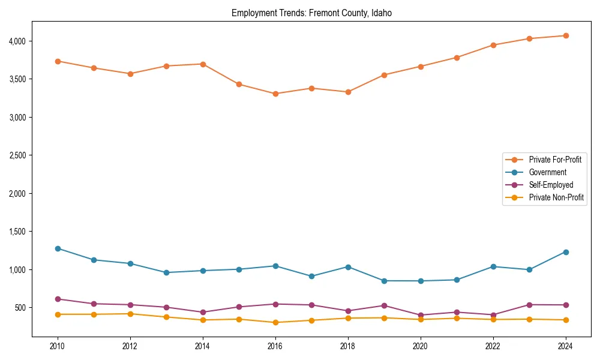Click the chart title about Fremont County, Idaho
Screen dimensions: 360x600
point(311,13)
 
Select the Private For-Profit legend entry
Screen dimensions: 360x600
point(556,160)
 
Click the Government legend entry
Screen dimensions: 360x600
point(547,172)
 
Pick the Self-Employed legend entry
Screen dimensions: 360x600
point(551,185)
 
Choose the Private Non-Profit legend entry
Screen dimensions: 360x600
point(556,197)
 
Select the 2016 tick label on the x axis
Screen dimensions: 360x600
point(275,346)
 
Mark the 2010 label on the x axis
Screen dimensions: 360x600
point(58,346)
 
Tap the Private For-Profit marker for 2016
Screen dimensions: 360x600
point(275,94)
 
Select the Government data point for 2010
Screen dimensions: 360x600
point(58,248)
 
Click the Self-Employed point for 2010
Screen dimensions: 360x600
point(58,299)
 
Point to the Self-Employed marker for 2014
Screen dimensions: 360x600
point(203,312)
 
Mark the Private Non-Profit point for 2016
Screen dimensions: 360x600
point(275,322)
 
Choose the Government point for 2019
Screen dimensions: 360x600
point(384,281)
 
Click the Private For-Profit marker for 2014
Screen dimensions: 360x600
point(203,64)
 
